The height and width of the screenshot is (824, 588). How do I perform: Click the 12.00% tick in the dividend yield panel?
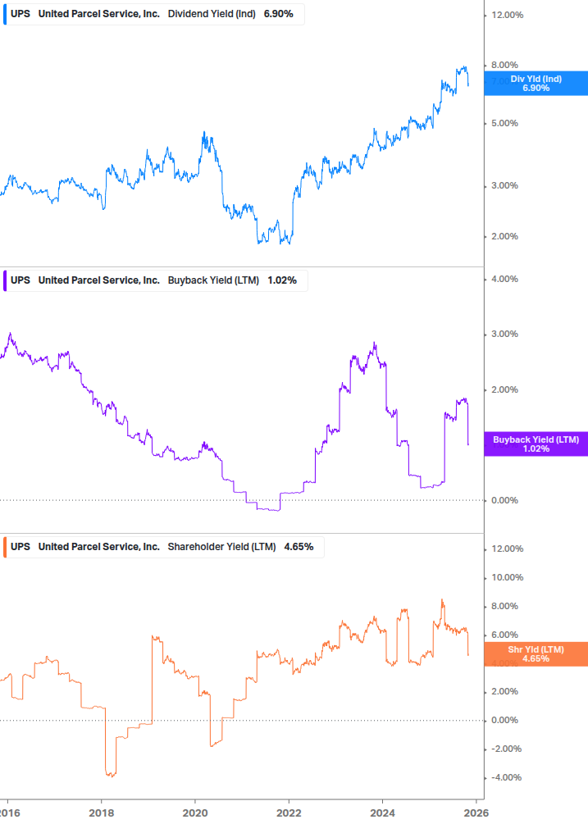(x=508, y=15)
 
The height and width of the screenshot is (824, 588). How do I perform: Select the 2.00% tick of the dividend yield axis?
(x=505, y=236)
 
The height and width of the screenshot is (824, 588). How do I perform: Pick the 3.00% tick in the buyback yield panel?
(x=505, y=334)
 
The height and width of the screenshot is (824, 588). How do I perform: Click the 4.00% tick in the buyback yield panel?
(x=505, y=279)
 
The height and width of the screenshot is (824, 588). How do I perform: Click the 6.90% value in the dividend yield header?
(x=278, y=14)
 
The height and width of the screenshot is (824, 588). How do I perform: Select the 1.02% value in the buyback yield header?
(x=282, y=280)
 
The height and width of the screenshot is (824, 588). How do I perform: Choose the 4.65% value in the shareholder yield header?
(x=299, y=546)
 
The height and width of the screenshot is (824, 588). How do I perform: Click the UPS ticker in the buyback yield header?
(x=21, y=280)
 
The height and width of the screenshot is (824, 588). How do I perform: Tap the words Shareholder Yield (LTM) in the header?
(x=221, y=546)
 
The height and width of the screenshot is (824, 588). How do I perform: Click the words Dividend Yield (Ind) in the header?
(x=212, y=14)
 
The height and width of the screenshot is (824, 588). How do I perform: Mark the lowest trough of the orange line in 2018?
(x=110, y=775)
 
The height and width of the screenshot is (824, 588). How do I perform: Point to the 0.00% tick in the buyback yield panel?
(x=505, y=500)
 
